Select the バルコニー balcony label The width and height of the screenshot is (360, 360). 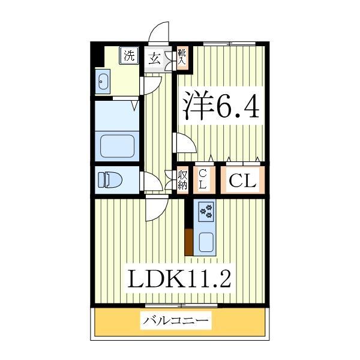(x=177, y=322)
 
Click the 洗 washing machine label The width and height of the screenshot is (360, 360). (x=129, y=56)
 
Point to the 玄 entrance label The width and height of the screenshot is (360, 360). (x=154, y=58)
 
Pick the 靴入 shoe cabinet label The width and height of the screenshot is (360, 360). (x=182, y=58)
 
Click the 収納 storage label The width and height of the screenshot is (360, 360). (x=182, y=180)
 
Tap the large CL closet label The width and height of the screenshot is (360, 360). (x=242, y=180)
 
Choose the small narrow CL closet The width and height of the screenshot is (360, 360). (x=203, y=179)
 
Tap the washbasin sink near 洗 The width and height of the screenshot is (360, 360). (x=102, y=81)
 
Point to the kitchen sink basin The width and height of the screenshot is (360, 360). (x=206, y=242)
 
